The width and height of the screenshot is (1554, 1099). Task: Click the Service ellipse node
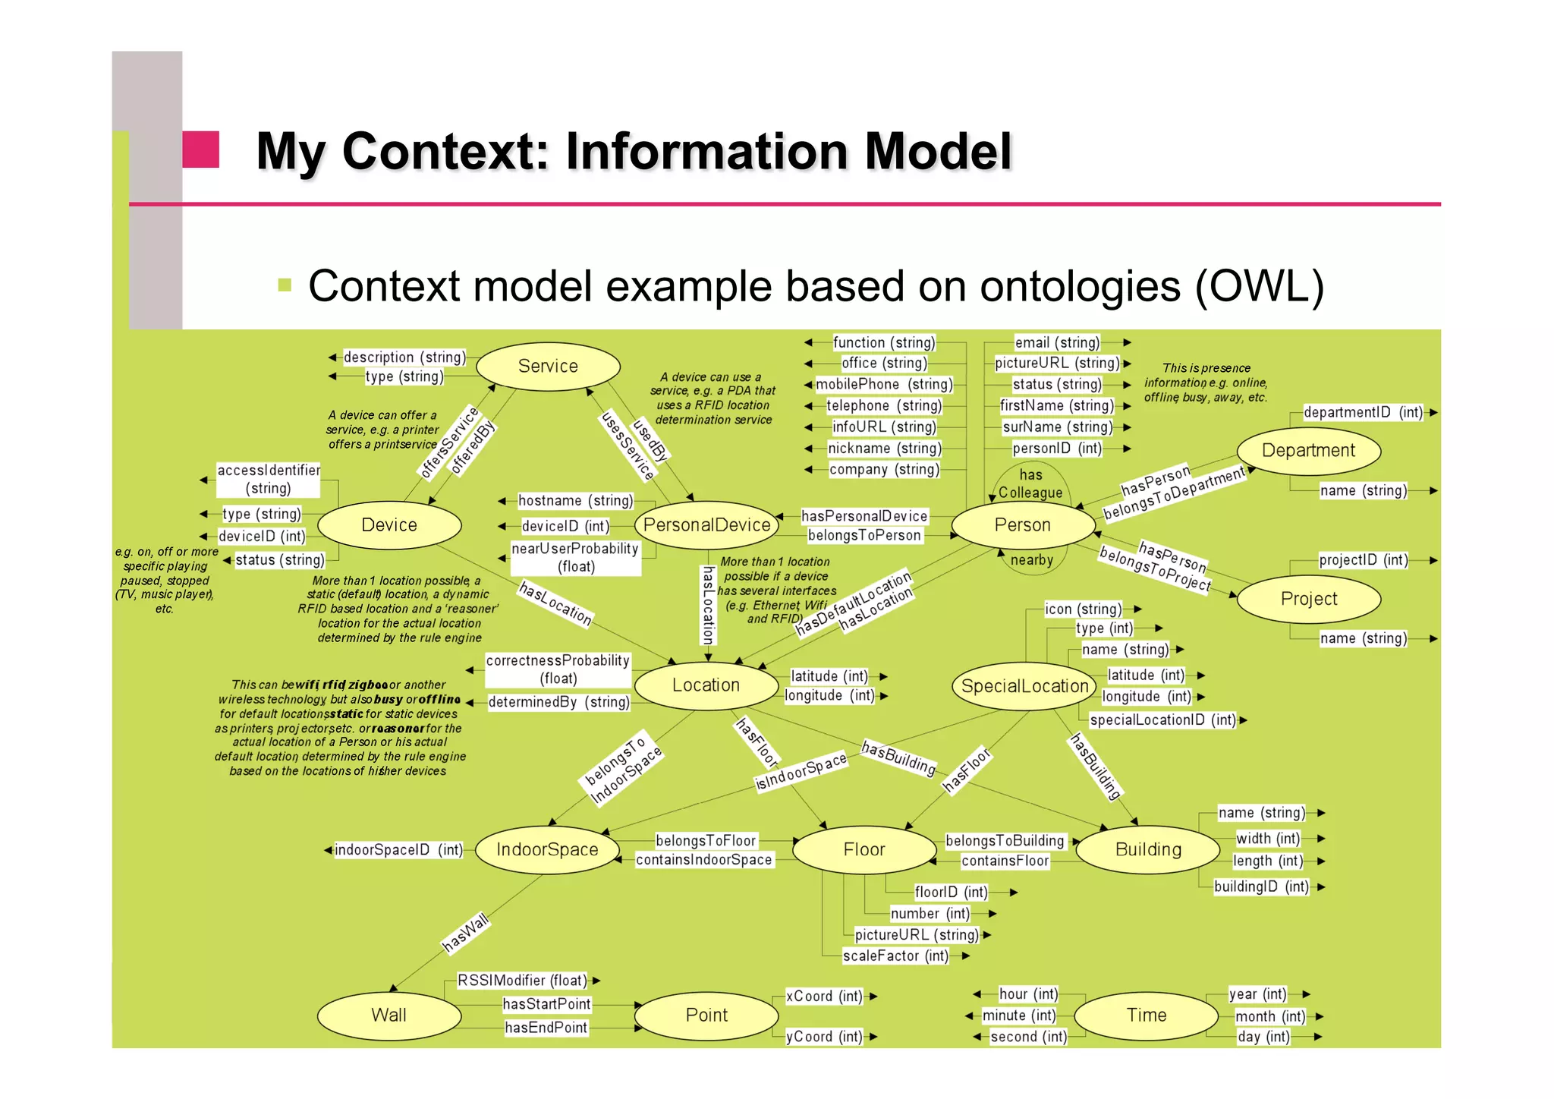click(548, 367)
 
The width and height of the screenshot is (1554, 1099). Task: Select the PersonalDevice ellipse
click(706, 525)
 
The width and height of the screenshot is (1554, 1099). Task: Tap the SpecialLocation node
click(1024, 686)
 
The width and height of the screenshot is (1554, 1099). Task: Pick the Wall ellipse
click(388, 1016)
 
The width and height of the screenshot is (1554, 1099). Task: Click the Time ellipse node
click(1146, 1016)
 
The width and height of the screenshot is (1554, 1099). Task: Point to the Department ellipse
click(1308, 451)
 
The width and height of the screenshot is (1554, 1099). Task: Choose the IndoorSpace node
click(547, 850)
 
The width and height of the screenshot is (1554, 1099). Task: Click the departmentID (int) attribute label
click(1363, 413)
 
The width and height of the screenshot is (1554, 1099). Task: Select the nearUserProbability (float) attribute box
click(575, 558)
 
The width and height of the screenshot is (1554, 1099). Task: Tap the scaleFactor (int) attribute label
click(895, 956)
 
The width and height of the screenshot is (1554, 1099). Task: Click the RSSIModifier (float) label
click(522, 981)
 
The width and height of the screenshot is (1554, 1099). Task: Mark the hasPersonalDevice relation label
click(864, 517)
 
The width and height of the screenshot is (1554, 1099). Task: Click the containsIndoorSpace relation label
click(703, 861)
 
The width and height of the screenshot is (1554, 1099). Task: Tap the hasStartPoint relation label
click(546, 1005)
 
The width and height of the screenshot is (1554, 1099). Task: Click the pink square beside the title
click(200, 150)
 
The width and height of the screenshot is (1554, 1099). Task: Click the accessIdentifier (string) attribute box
click(269, 480)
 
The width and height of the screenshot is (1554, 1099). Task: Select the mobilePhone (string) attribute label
click(884, 385)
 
